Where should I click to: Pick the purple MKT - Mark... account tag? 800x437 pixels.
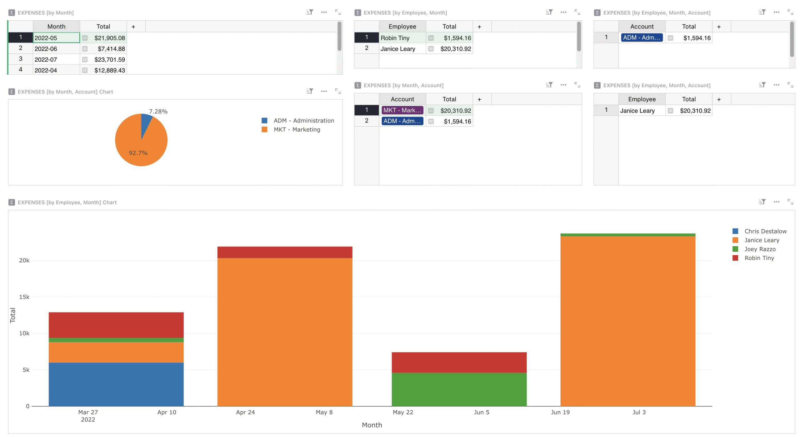[402, 110]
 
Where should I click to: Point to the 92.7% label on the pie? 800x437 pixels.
[138, 153]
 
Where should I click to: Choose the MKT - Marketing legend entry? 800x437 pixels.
[297, 129]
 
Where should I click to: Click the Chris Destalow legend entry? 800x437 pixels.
[765, 231]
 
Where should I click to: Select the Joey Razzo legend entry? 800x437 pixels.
[760, 249]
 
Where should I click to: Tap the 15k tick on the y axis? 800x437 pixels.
[24, 297]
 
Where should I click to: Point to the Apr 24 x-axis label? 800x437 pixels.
[245, 412]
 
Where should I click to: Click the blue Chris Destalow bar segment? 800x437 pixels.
[116, 384]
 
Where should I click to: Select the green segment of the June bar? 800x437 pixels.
[459, 389]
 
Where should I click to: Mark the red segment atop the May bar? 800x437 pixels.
[285, 252]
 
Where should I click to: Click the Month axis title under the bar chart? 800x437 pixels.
[372, 425]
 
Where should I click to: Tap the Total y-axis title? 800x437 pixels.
[13, 315]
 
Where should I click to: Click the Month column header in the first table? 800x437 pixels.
[56, 27]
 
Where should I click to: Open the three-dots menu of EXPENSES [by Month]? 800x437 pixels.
[324, 12]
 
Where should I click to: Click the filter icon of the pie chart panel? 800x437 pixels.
[310, 91]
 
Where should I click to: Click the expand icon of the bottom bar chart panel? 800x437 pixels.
[790, 202]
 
